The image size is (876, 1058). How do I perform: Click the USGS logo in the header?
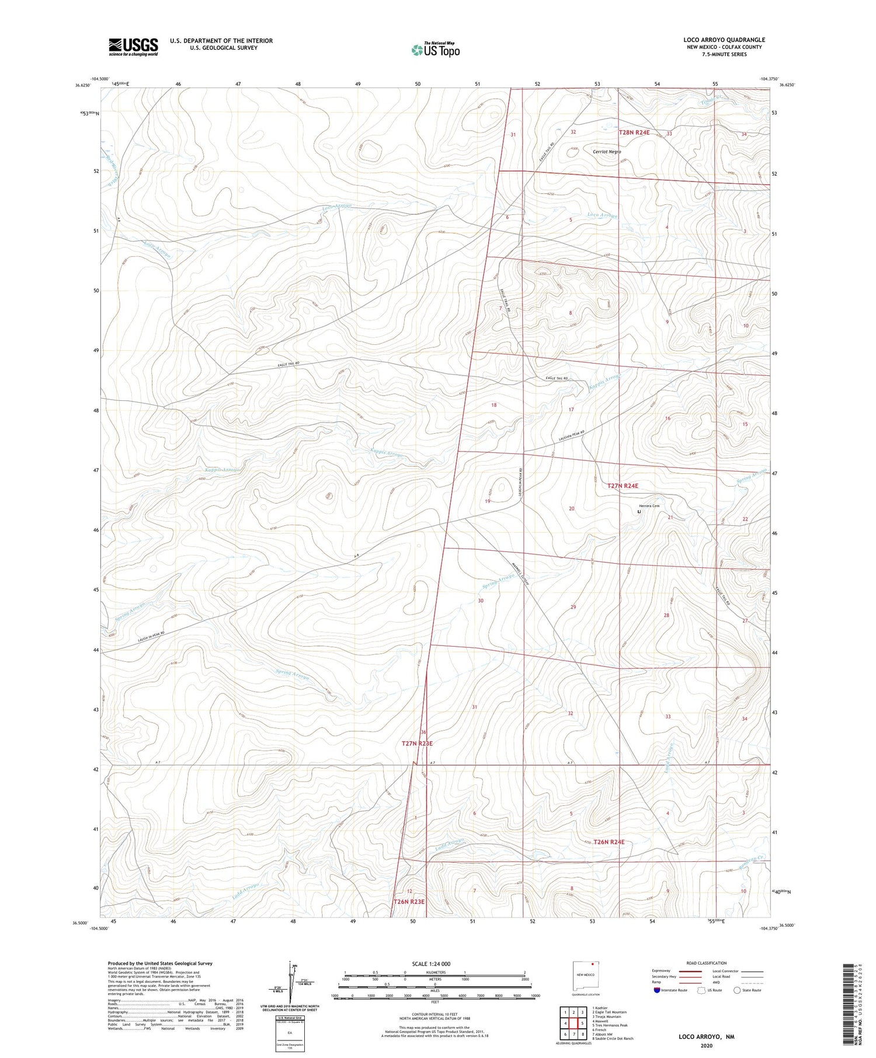point(133,47)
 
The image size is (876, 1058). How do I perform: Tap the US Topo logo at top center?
point(436,50)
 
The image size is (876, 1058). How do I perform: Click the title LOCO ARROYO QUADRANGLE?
point(724,40)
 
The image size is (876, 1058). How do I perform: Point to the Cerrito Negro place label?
point(607,152)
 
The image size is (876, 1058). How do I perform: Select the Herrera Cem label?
point(648,506)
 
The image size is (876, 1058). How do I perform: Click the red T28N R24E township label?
point(634,133)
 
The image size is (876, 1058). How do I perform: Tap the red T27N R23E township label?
point(417,743)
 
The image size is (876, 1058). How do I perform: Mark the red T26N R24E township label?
point(609,842)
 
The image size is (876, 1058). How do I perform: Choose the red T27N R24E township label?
point(623,486)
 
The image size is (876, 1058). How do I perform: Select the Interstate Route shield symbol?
point(657,990)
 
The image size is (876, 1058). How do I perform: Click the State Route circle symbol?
point(738,990)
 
